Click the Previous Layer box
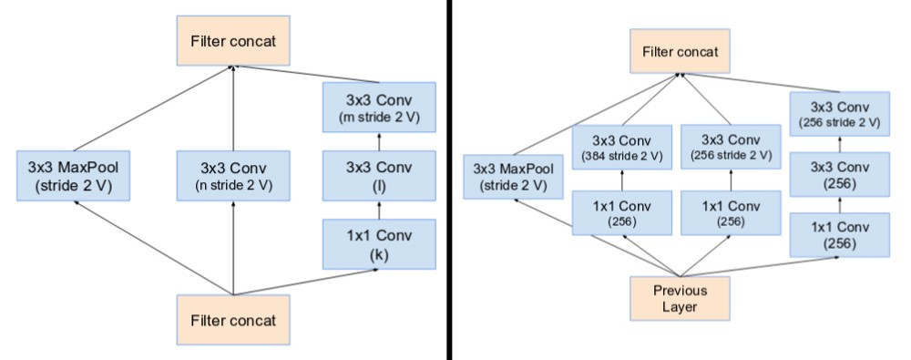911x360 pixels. [x=680, y=298]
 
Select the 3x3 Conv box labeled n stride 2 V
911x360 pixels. [x=233, y=176]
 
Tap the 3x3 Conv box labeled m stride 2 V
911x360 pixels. [x=379, y=107]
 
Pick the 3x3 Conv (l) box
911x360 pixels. [x=379, y=176]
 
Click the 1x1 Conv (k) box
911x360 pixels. [x=379, y=244]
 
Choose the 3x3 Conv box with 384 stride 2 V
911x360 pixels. [x=622, y=147]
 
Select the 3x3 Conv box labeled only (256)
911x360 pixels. [x=840, y=174]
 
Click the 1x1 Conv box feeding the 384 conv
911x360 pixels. [x=622, y=213]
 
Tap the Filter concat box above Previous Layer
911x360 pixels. [x=680, y=51]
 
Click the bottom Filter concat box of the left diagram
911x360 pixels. [x=233, y=320]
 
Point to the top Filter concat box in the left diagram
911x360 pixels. [x=233, y=41]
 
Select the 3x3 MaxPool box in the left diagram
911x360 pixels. [x=73, y=176]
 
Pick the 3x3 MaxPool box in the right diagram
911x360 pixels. [x=514, y=177]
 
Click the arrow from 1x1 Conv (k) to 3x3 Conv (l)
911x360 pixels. [x=379, y=210]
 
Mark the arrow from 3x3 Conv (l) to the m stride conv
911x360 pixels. [x=379, y=141]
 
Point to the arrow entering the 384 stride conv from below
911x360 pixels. [x=622, y=180]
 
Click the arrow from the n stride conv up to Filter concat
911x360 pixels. [x=233, y=108]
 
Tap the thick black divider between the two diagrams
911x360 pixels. [x=449, y=180]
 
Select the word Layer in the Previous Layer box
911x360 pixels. [x=680, y=306]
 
